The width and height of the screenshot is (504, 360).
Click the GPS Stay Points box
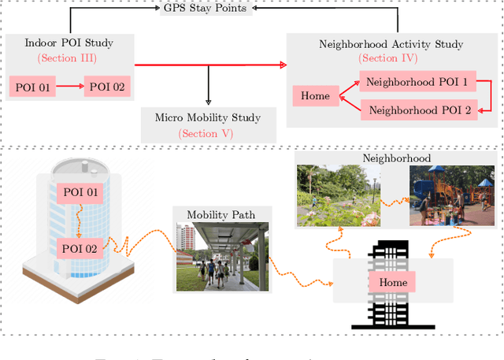(208, 9)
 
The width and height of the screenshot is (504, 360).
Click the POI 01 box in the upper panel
(32, 87)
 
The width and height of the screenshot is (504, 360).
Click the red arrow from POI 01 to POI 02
(71, 87)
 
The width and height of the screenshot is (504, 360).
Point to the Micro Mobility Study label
(206, 118)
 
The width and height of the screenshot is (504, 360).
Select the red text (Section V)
(206, 133)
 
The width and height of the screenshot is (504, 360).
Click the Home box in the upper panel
(315, 97)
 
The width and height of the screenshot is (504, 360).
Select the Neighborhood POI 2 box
(420, 110)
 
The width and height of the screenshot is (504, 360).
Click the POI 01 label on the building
(80, 192)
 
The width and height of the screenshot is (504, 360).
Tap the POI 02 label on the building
(80, 249)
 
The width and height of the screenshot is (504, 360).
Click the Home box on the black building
(393, 282)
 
